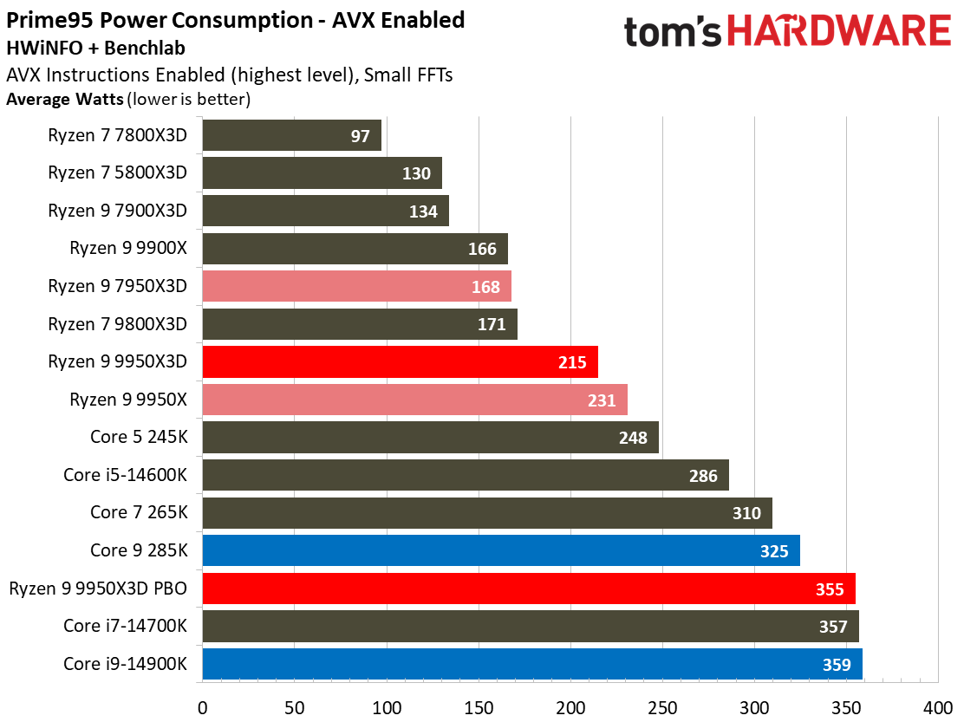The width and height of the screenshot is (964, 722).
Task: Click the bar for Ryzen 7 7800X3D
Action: pos(291,135)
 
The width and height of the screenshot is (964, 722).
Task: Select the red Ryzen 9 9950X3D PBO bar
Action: pos(529,589)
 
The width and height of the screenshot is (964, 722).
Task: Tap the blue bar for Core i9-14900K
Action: pos(532,664)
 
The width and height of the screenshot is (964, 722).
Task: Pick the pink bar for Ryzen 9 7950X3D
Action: pos(356,286)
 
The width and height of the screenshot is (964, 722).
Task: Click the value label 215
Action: pos(572,362)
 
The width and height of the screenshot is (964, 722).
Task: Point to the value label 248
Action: pos(633,438)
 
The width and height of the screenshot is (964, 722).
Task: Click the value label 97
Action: pos(360,136)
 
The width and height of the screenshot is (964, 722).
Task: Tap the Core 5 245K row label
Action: pos(138,437)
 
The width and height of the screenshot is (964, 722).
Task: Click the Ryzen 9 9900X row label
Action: pos(128,248)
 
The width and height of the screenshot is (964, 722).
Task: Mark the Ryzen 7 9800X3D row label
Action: pos(117,324)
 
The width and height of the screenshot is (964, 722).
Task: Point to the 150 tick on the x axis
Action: pos(479,706)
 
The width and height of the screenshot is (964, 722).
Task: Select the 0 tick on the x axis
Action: pos(202,706)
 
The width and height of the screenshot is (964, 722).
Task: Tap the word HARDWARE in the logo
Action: pos(838,33)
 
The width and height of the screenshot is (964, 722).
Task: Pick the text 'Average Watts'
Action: pos(64,99)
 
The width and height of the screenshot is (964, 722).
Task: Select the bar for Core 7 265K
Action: pos(486,513)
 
